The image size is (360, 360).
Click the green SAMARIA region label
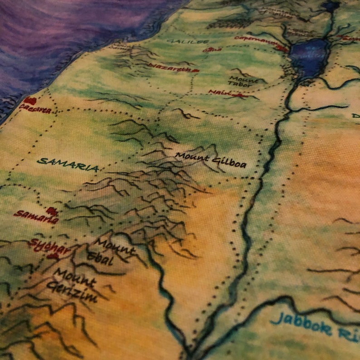pos(68,164)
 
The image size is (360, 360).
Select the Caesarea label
pos(35,109)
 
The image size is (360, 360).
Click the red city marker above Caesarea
pos(30,100)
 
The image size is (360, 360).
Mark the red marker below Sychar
pos(54,257)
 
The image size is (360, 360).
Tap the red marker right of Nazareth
pos(195,71)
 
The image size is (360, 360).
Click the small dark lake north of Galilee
pos(331,6)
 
